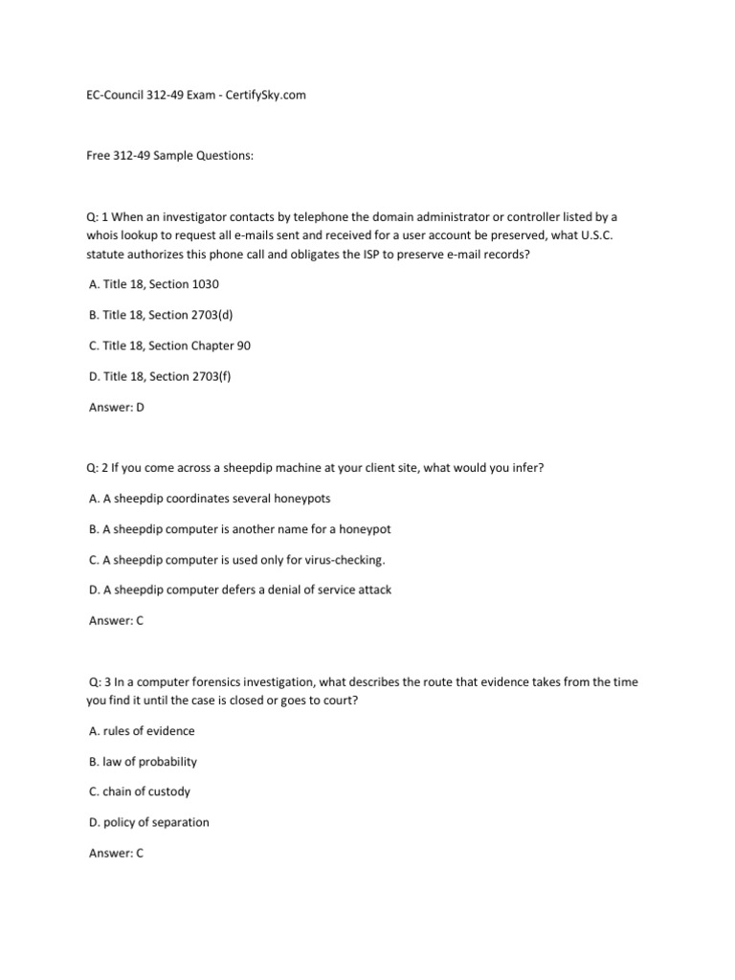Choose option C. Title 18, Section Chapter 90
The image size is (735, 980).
point(169,345)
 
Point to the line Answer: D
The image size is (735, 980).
point(116,407)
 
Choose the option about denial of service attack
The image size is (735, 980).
point(240,590)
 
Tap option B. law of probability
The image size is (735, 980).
point(143,762)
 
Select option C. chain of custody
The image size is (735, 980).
point(140,791)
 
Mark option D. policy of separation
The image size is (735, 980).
point(148,822)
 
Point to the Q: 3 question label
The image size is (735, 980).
point(99,682)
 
